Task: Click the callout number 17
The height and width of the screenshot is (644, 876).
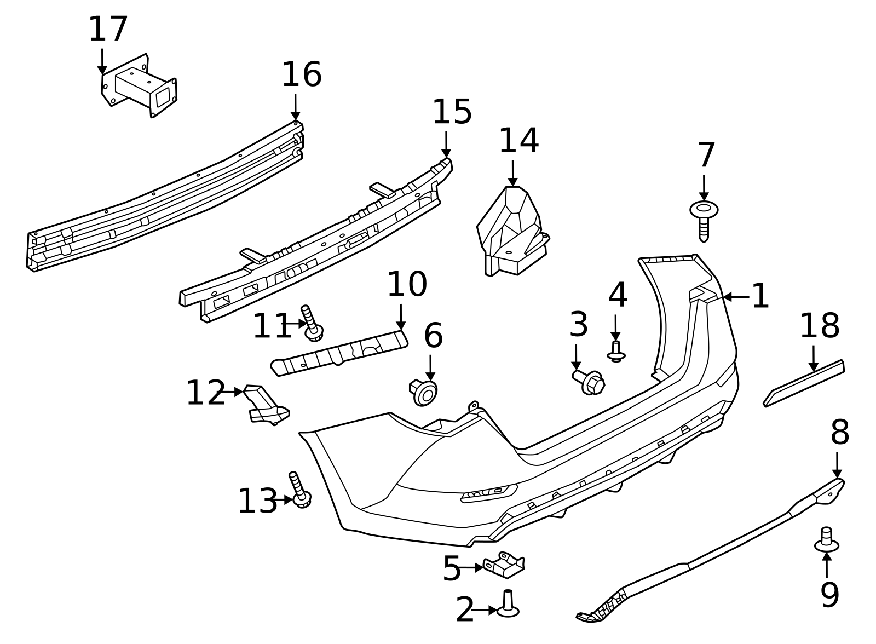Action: click(x=108, y=30)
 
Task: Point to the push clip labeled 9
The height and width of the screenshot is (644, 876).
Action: click(x=827, y=539)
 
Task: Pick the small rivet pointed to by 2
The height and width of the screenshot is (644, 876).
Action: click(x=508, y=605)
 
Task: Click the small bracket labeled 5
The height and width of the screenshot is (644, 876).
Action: click(x=504, y=566)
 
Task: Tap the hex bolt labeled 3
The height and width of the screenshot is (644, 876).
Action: click(x=589, y=381)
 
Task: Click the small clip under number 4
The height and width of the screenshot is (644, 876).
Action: click(x=616, y=352)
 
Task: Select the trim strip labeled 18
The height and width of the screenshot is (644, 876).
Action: click(x=804, y=383)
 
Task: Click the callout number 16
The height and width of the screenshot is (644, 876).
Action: click(x=301, y=75)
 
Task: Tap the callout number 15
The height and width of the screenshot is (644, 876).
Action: click(x=452, y=113)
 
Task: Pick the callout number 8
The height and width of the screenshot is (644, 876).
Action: click(x=839, y=433)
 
